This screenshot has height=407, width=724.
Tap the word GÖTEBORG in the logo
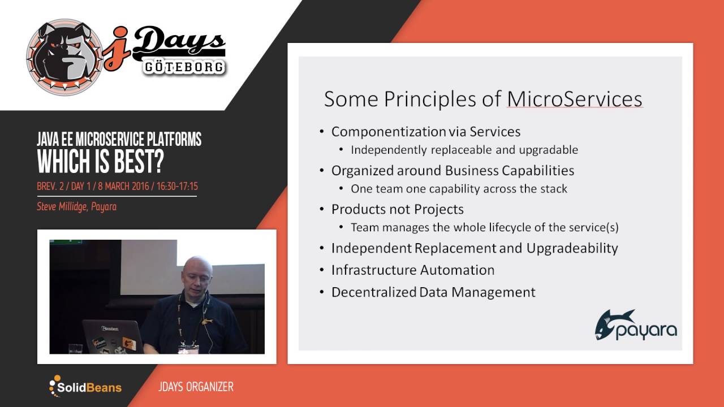pos(183,67)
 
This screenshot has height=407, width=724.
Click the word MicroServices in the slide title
pos(575,99)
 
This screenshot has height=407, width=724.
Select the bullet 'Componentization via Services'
pos(425,132)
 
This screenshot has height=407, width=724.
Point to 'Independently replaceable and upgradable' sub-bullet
pos(464,150)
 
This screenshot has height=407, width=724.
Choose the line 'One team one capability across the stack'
pos(459,189)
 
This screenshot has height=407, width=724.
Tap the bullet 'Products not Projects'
pos(397,209)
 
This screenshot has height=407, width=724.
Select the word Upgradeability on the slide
pos(572,248)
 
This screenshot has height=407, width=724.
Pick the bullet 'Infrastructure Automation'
pos(412,270)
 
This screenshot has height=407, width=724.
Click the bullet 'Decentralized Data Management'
pos(433,292)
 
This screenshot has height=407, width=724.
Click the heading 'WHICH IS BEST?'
pos(100,163)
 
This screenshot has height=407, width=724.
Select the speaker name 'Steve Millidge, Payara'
pos(76,206)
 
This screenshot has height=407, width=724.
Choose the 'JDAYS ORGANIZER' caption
pos(196,387)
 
